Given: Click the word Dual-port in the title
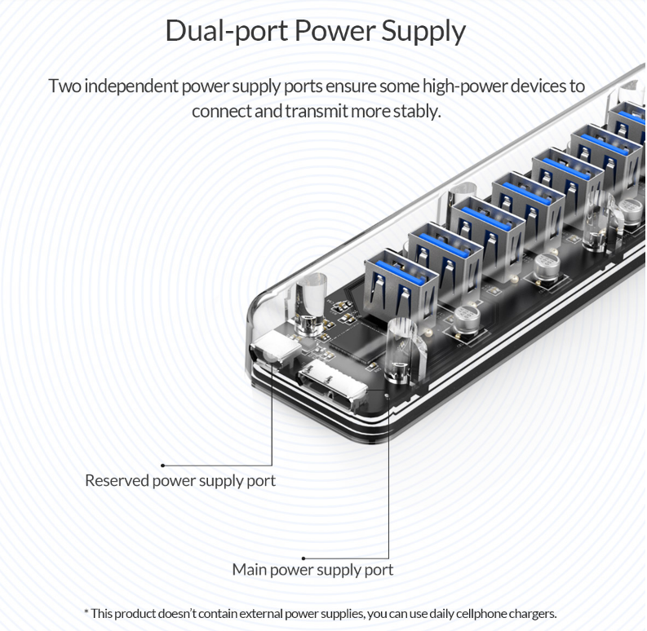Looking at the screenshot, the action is point(227,31).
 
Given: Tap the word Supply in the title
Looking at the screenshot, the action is point(423,31).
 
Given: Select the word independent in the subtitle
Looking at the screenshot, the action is point(131,86).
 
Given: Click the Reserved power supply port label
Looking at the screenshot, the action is point(180,481).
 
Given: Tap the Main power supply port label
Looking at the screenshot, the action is point(312,570).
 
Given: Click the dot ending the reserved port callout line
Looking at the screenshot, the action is point(163,466).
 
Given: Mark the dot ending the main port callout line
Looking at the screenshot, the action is point(304,558).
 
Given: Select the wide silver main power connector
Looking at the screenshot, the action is point(332,384).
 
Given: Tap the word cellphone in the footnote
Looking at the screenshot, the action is point(473,614).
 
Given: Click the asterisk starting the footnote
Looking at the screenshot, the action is point(86,612).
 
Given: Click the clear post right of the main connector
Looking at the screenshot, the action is point(401,351).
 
